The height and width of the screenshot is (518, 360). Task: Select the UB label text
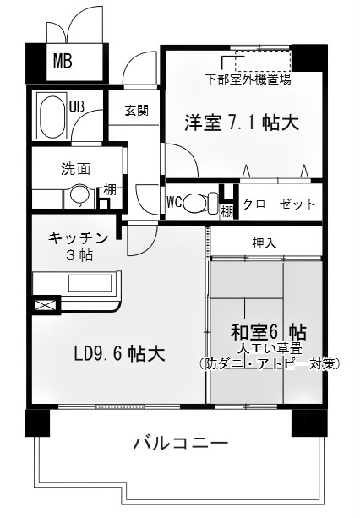(77, 106)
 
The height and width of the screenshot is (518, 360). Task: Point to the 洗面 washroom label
(75, 167)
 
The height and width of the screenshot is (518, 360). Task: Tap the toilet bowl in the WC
(198, 203)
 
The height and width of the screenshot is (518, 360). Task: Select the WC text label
(175, 203)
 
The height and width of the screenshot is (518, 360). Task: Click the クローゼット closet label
(279, 204)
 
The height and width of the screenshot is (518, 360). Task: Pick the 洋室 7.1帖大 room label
(242, 124)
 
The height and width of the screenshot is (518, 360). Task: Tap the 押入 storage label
(264, 243)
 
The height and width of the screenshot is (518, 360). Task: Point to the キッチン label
(79, 237)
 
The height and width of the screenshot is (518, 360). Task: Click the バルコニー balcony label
(180, 444)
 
